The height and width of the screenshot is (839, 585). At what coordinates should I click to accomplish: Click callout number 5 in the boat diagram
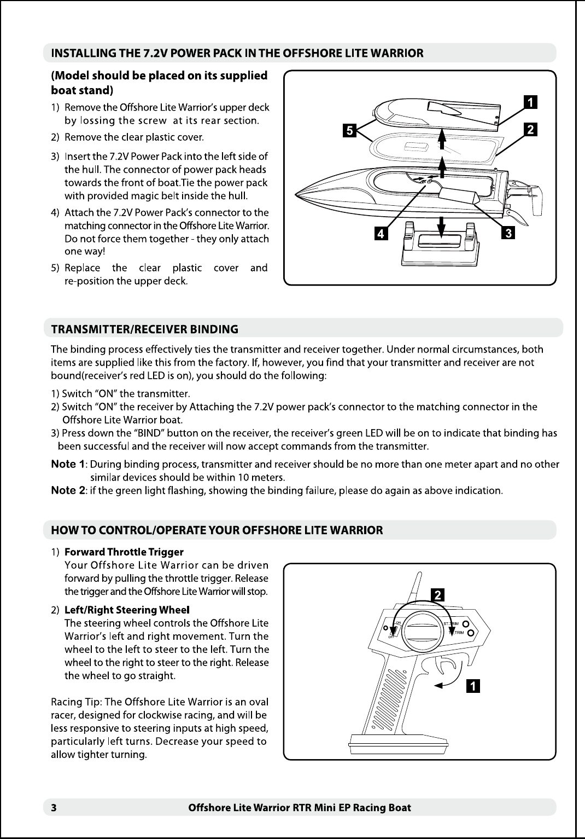pyautogui.click(x=349, y=130)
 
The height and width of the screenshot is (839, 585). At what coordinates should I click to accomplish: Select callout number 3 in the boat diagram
pyautogui.click(x=508, y=234)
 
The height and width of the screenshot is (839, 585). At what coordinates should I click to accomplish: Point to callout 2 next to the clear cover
pyautogui.click(x=529, y=130)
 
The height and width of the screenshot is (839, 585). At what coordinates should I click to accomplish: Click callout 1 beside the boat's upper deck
pyautogui.click(x=529, y=102)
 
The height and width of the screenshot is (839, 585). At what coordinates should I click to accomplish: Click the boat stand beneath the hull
pyautogui.click(x=440, y=246)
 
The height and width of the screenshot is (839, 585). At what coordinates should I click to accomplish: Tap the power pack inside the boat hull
pyautogui.click(x=458, y=195)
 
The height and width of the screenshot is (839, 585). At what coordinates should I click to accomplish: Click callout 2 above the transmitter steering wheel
pyautogui.click(x=438, y=595)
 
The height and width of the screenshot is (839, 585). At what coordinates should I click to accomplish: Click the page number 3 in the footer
pyautogui.click(x=54, y=807)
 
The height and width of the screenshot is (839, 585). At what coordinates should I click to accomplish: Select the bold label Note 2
pyautogui.click(x=68, y=490)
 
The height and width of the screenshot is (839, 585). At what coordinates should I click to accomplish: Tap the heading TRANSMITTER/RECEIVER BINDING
pyautogui.click(x=144, y=329)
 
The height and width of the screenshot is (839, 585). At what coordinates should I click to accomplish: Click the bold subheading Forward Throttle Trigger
pyautogui.click(x=124, y=552)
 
